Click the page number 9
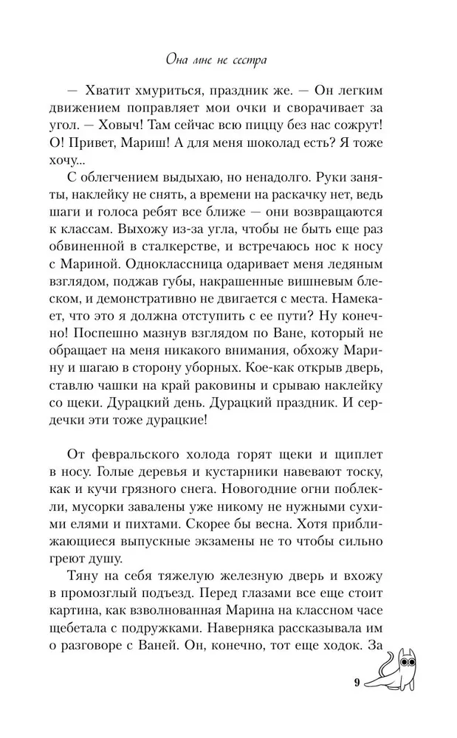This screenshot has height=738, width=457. click(x=356, y=683)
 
